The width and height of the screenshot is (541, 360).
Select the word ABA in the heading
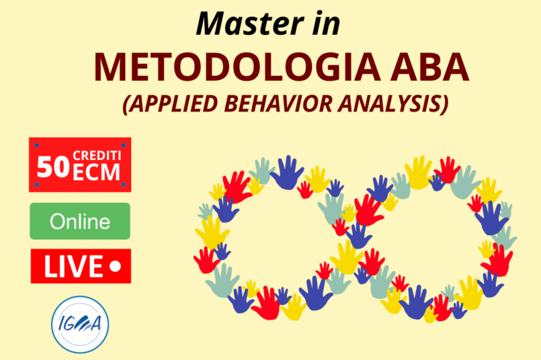(x=429, y=67)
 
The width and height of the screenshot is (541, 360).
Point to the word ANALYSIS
(x=393, y=103)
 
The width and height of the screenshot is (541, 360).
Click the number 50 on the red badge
(x=53, y=167)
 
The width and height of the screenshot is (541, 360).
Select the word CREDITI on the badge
(x=97, y=156)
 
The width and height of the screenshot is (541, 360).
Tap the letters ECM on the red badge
(x=96, y=172)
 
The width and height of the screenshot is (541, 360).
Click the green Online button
(x=80, y=221)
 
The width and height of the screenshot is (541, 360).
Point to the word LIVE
(x=73, y=266)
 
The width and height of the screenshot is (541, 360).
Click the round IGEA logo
(x=80, y=324)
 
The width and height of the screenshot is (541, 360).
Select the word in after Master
(x=326, y=24)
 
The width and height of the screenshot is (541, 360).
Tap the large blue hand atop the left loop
(x=287, y=173)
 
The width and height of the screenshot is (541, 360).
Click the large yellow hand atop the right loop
(x=419, y=173)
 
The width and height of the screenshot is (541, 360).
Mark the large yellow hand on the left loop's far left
(x=212, y=233)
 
